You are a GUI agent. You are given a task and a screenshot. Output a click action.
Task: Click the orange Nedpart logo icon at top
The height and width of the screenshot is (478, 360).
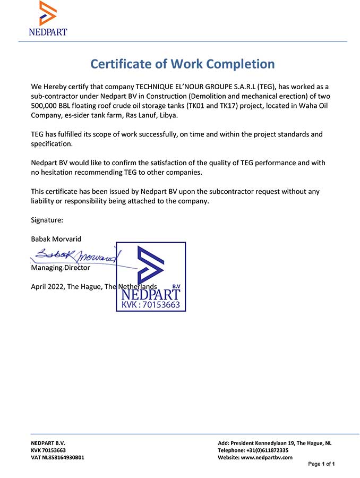tap(48, 13)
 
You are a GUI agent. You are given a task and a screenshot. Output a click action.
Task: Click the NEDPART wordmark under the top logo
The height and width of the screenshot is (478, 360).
tap(48, 32)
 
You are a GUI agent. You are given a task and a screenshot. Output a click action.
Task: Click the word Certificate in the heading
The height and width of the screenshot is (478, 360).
tap(123, 64)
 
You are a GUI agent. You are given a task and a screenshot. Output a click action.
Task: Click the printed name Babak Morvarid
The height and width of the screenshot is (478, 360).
tap(56, 239)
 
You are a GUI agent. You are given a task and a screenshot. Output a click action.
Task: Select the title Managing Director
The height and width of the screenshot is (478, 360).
tap(61, 268)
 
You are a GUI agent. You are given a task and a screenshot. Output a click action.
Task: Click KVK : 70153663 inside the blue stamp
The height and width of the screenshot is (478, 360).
tap(151, 305)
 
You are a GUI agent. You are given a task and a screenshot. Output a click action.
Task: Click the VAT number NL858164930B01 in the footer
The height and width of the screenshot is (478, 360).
tap(57, 457)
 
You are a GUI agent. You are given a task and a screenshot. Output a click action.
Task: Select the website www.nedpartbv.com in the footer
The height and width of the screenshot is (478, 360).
tap(267, 457)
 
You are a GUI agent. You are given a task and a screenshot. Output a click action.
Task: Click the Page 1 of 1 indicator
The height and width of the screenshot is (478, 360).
tap(321, 464)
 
